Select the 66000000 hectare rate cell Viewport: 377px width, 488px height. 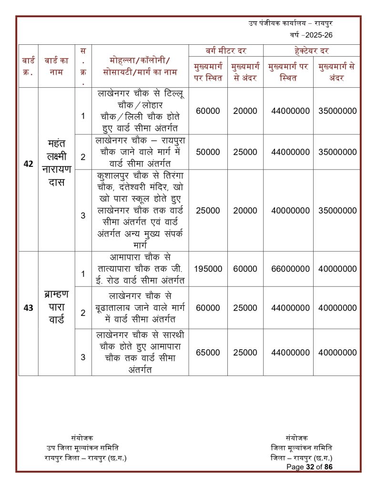pos(288,269)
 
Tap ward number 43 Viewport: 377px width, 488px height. pos(28,308)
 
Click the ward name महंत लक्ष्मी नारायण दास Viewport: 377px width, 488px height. pos(56,163)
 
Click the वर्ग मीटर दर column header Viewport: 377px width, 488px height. pos(225,51)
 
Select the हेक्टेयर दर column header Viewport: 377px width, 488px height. pos(312,51)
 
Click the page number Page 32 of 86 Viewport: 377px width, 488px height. pos(309,467)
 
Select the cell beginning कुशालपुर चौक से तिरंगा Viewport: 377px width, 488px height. pos(140,210)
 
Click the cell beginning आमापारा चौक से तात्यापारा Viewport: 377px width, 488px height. pos(140,269)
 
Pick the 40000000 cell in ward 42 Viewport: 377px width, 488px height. pos(288,210)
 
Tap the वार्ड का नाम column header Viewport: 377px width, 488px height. pos(56,67)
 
